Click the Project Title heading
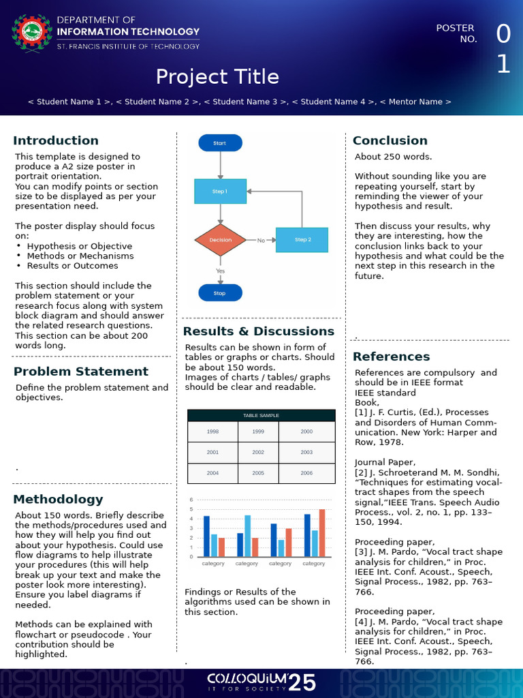(217, 76)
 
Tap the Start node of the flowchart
(220, 143)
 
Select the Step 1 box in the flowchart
(220, 192)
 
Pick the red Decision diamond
(220, 240)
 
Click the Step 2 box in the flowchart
(302, 240)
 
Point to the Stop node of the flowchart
(220, 293)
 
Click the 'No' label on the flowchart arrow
(261, 241)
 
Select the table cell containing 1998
(212, 431)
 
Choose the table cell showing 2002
(258, 452)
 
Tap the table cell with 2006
(306, 472)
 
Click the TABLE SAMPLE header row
(261, 415)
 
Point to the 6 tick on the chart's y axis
(192, 500)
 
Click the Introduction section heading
(56, 140)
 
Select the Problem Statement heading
(81, 371)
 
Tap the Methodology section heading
(59, 499)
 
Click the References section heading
(392, 356)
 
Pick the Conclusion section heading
(390, 140)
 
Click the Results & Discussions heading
(259, 331)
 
